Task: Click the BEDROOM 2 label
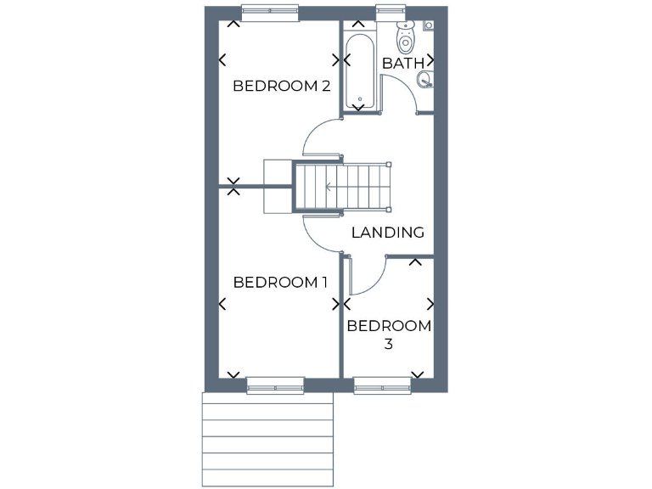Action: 281,86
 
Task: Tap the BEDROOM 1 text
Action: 280,282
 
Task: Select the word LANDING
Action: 388,232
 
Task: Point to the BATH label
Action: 402,63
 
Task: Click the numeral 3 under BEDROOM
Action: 389,345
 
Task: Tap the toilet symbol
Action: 406,37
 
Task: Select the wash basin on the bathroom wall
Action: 424,80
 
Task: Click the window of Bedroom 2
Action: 270,12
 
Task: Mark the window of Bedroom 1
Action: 275,386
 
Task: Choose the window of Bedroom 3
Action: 382,386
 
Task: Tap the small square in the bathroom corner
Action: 429,26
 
